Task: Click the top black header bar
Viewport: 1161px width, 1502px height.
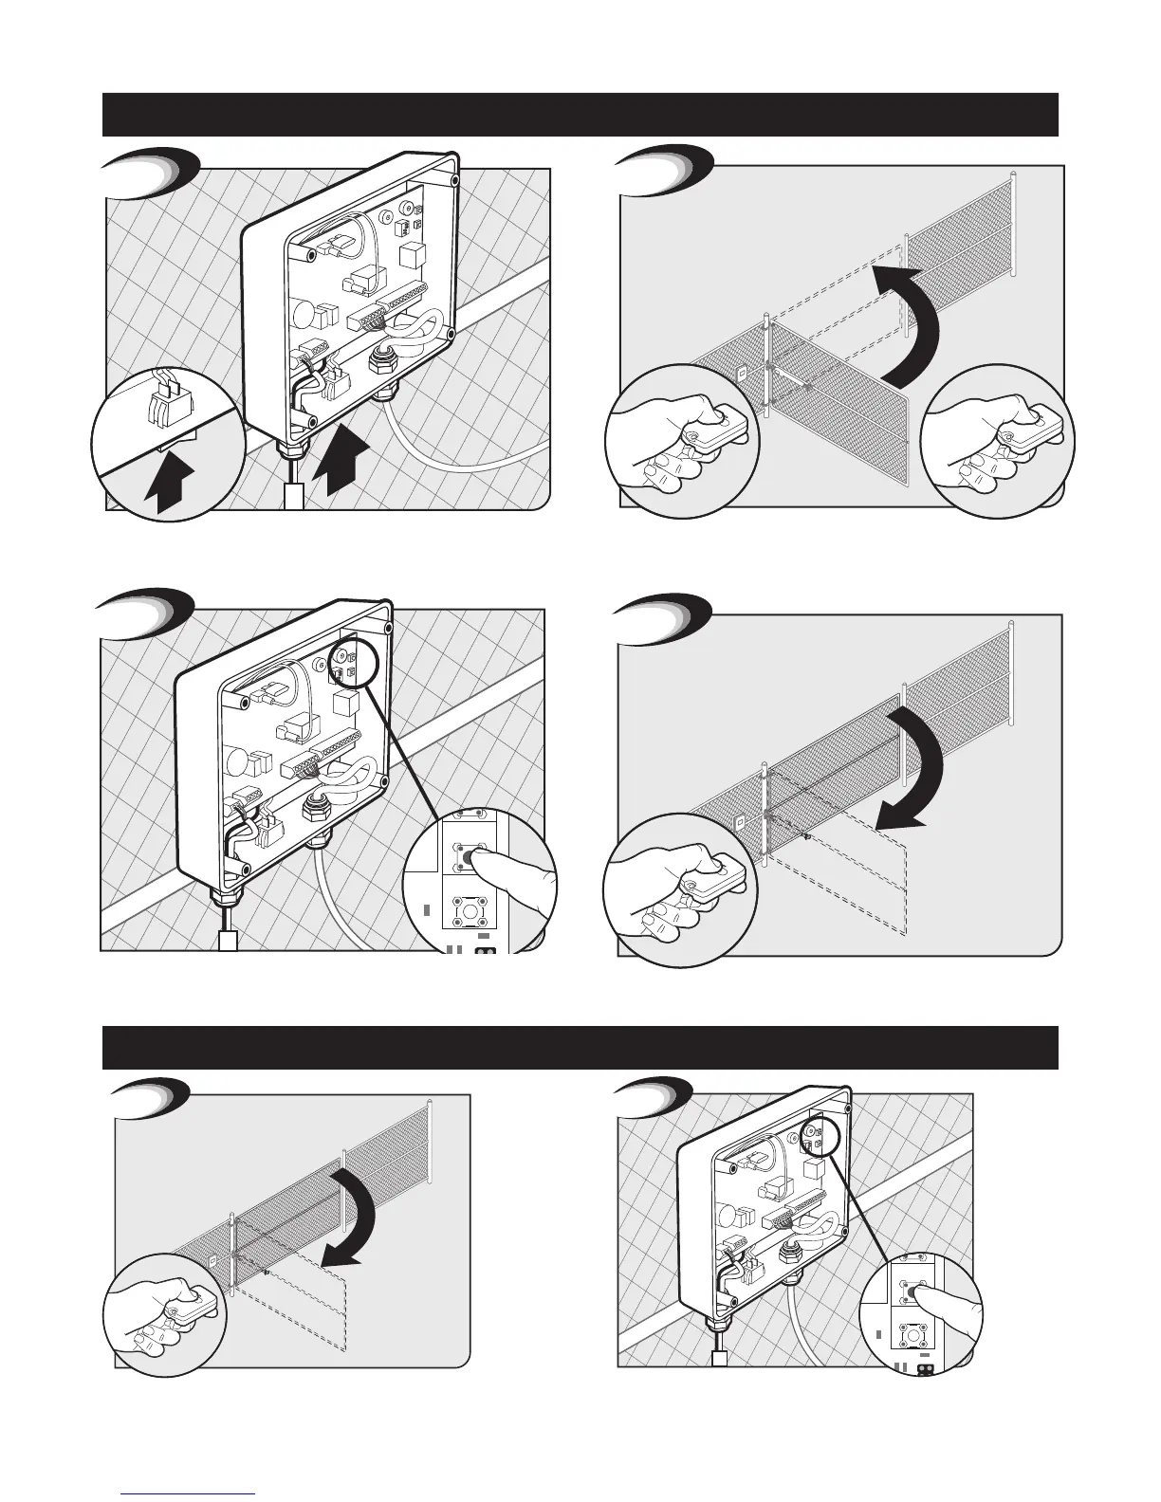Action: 580,114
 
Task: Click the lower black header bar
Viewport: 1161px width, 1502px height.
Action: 580,1047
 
